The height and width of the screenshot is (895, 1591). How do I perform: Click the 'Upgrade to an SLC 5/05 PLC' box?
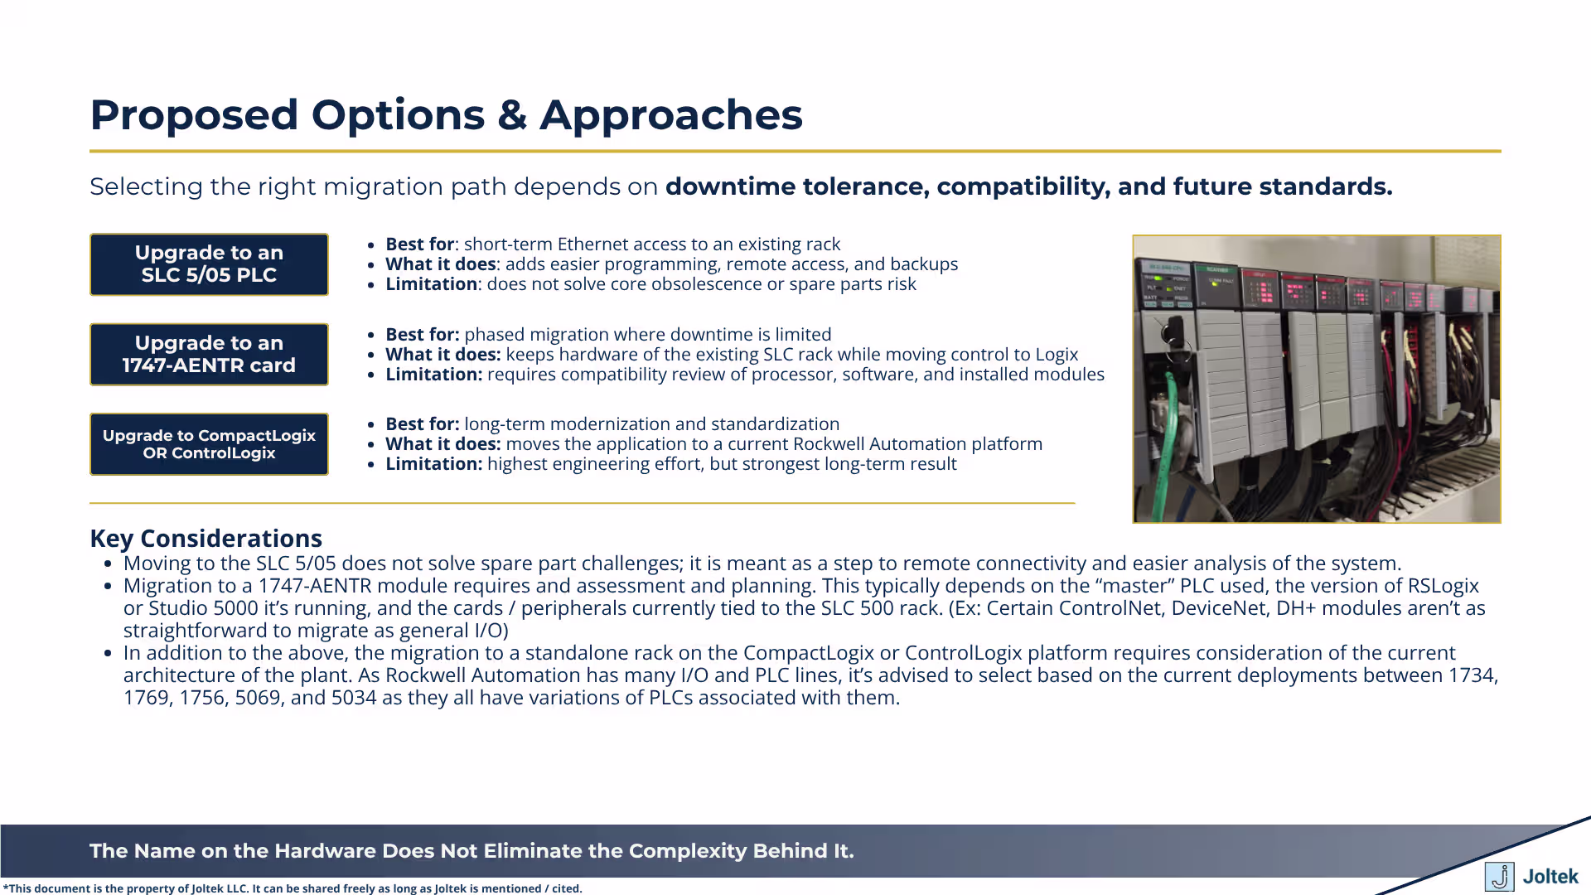[x=209, y=264]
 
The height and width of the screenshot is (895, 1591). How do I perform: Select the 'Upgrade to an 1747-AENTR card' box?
[x=209, y=355]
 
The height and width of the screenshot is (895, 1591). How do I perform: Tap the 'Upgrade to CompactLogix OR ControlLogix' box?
[x=209, y=444]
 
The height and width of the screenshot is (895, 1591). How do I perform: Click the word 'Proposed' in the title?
[x=193, y=114]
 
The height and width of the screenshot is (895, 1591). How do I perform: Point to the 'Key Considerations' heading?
[x=206, y=539]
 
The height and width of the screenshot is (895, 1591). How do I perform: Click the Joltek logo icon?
[x=1498, y=876]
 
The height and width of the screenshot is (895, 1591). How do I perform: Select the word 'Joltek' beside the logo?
[x=1550, y=876]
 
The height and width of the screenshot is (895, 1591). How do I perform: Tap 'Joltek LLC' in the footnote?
[x=220, y=888]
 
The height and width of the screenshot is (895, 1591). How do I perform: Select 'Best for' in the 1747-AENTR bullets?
[x=421, y=335]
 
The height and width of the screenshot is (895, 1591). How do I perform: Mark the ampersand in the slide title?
[x=512, y=114]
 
